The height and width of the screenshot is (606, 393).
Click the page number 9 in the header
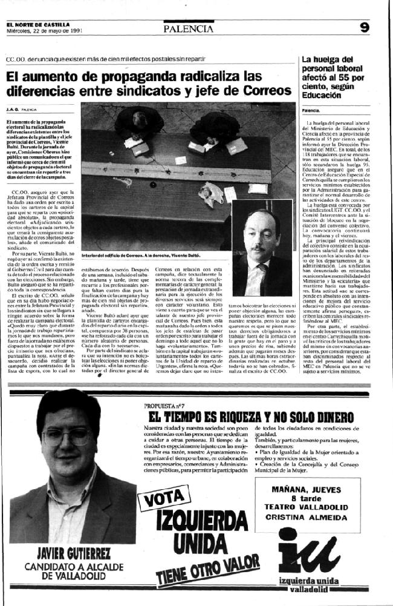365,27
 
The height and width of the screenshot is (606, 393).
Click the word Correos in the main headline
264,91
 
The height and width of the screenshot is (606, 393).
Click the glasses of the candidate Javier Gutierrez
61,435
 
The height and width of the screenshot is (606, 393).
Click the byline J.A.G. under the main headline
13,110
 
